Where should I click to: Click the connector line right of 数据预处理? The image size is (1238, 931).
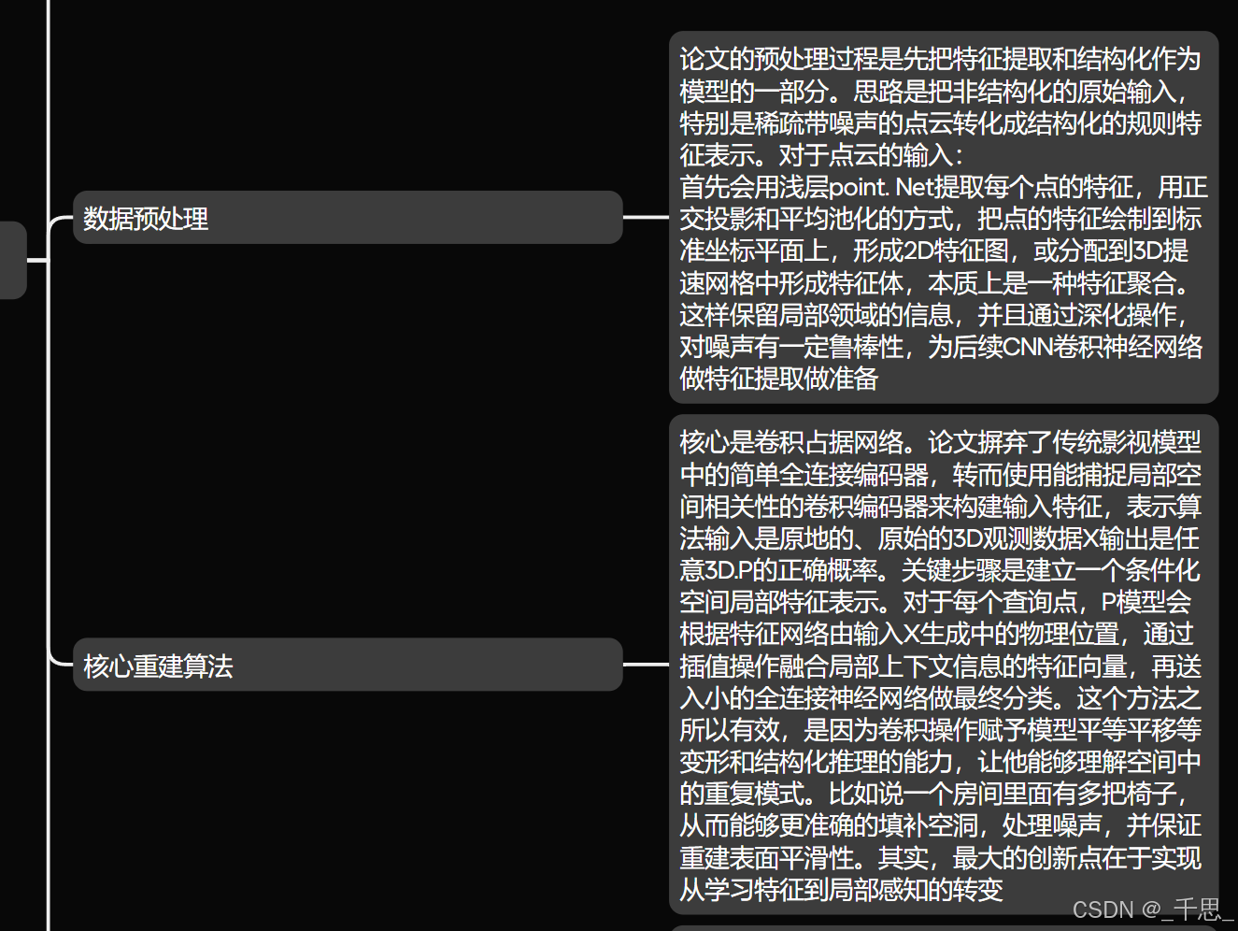point(646,218)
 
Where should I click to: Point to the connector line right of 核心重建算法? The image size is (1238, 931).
point(646,665)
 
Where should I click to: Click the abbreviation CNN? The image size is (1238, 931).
point(1027,347)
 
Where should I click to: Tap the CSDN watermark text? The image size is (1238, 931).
point(1153,910)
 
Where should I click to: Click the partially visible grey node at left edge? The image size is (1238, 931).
point(12,260)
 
